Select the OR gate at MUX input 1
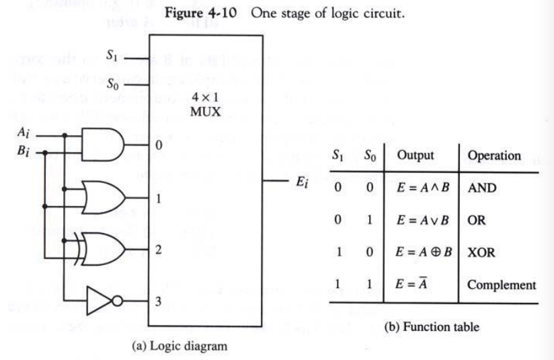(x=102, y=196)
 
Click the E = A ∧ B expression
(x=418, y=188)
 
